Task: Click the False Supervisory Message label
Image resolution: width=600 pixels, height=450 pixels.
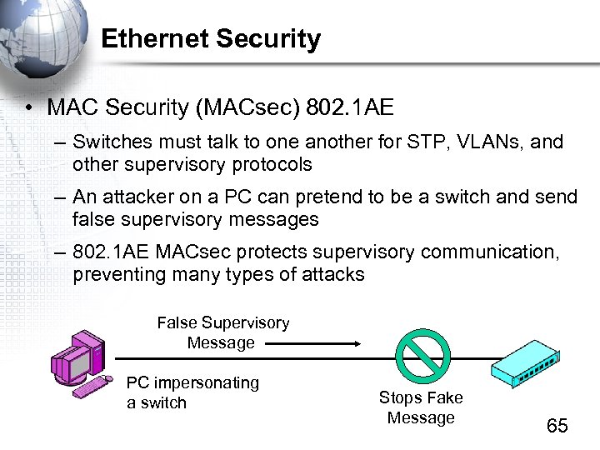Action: point(222,332)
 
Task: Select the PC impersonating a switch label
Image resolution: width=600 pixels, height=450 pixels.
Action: point(192,392)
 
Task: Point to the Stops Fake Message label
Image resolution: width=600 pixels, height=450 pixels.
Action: point(421,407)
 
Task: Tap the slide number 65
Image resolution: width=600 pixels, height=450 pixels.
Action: point(557,426)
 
